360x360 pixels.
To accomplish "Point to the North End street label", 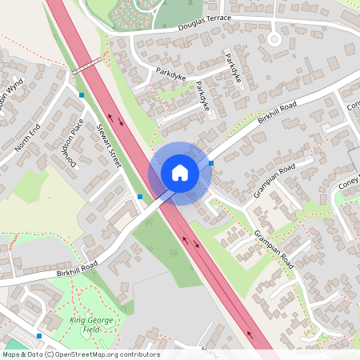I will click(27, 145).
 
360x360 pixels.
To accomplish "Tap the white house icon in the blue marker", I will click(180, 173).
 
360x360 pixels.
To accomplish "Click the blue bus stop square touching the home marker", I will click(211, 163).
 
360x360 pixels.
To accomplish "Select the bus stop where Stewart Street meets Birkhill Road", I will click(140, 196).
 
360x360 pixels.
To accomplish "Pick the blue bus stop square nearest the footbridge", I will click(82, 95).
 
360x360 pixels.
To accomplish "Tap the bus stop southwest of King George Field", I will click(39, 336).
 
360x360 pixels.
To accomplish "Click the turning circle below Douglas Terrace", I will click(274, 38).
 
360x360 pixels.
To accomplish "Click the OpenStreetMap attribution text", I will click(80, 354).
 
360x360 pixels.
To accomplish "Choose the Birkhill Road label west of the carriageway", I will click(77, 268).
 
